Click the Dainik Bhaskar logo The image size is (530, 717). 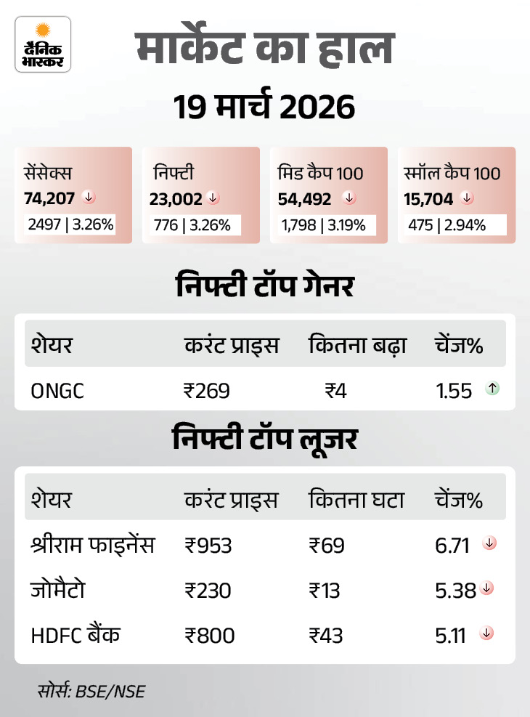coord(43,44)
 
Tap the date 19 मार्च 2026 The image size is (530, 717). coord(264,108)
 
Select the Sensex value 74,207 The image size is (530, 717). coord(49,198)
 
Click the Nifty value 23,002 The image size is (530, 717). coord(176,198)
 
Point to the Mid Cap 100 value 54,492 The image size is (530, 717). coord(305,198)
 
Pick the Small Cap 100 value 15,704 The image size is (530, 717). coord(429,198)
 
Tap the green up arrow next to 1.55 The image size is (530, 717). coord(492,389)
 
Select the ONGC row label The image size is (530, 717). coord(57,391)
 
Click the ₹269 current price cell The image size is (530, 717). coord(207,391)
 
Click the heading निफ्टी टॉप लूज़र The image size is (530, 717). coord(264,439)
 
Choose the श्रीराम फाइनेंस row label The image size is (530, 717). coord(93,545)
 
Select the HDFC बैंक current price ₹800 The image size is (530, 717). coord(210,635)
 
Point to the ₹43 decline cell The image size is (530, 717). coord(325,635)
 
